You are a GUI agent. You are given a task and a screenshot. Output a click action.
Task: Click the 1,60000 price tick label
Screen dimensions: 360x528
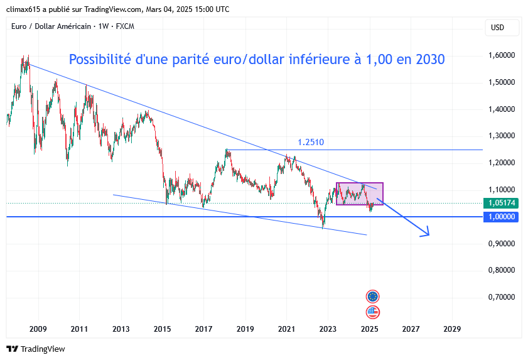(x=502, y=55)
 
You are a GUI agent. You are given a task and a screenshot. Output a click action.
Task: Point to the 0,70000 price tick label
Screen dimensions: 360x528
(x=502, y=297)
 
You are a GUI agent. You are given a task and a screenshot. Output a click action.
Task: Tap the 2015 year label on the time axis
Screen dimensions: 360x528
(x=163, y=329)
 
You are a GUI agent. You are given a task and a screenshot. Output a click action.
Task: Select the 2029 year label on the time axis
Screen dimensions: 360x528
(x=451, y=329)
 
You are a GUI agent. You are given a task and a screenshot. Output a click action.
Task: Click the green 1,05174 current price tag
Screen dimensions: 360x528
(x=502, y=203)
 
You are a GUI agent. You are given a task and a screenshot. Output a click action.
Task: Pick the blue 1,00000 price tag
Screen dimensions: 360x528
(x=502, y=217)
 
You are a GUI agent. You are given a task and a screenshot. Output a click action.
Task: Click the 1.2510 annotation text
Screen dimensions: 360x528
(x=311, y=143)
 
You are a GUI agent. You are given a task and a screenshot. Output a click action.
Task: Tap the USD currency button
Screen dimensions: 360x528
(x=497, y=28)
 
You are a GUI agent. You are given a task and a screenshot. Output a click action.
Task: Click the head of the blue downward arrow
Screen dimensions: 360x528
(x=426, y=233)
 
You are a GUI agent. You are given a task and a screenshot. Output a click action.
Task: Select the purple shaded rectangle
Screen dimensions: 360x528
(x=359, y=194)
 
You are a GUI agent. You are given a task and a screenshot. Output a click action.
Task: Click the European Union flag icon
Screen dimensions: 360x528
(x=373, y=297)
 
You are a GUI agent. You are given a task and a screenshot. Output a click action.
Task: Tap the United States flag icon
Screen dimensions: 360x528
(x=373, y=312)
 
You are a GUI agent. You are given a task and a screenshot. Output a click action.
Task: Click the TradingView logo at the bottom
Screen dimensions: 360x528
(x=36, y=349)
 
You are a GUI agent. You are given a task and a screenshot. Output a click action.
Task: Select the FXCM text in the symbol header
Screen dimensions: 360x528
(x=124, y=26)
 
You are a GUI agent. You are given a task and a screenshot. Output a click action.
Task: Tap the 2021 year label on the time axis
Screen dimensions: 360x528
(x=287, y=329)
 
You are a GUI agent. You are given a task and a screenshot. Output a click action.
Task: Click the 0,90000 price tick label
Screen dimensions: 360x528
(x=502, y=243)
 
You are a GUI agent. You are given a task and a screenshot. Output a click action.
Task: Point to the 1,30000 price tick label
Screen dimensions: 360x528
(x=502, y=136)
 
